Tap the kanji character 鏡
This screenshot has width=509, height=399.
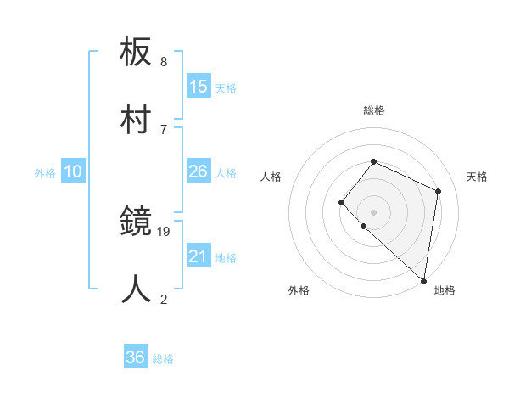pos(137,223)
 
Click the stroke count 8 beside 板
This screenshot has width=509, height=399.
pos(164,62)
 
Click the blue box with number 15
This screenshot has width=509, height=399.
pos(199,87)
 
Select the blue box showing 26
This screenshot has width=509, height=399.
pos(199,171)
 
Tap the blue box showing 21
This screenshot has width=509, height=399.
pos(199,256)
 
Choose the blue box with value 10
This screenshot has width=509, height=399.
pos(73,171)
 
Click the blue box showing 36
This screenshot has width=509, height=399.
pos(136,357)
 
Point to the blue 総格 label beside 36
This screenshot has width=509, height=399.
pos(163,359)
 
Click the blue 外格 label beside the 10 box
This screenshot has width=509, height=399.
pos(45,173)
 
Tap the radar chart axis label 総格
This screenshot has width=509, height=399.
pos(374,111)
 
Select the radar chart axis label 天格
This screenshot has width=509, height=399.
pos(477,177)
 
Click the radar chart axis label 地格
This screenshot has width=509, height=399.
pos(445,291)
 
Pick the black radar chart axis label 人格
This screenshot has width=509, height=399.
pos(271,177)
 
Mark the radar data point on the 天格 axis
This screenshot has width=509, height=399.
pos(439,191)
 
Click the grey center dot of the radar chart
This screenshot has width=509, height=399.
pos(374,211)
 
